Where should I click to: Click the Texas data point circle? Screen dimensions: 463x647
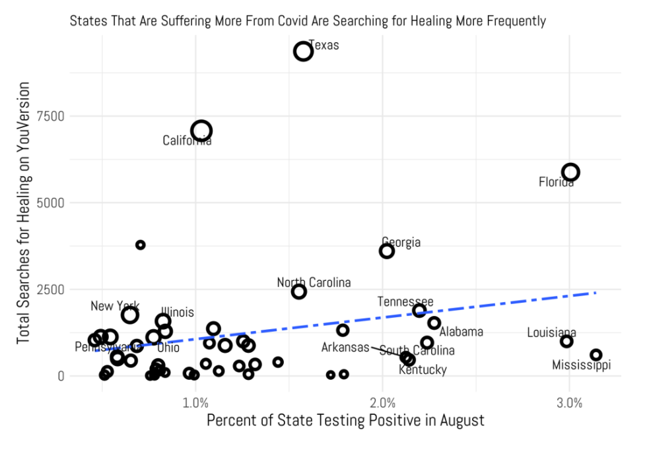303,51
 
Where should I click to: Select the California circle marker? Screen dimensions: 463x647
201,131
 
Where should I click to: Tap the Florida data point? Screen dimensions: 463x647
570,171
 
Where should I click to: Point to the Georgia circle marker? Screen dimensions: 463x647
387,251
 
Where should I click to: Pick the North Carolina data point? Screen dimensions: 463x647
299,292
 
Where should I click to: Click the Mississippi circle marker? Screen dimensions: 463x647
596,355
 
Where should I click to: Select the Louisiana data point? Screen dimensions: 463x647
566,341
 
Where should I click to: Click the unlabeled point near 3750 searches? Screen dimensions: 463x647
140,245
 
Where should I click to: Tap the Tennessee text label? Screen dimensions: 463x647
405,301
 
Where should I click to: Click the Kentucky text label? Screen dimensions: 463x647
423,370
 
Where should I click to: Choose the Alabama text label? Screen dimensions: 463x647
461,332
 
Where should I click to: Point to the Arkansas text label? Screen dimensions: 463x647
345,347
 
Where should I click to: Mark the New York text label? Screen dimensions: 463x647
115,306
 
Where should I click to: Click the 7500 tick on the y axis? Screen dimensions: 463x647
51,116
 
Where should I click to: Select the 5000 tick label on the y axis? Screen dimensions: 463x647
51,202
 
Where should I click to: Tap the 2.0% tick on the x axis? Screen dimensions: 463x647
382,402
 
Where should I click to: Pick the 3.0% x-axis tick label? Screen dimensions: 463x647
569,402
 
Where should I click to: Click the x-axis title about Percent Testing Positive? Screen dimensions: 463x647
345,421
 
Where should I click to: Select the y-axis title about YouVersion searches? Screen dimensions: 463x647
24,212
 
